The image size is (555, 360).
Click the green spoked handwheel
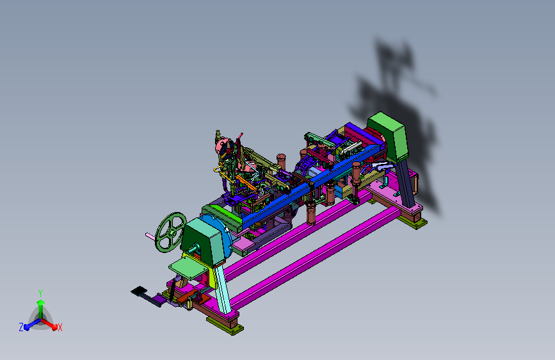(x=170, y=233)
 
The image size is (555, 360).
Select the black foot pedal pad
(x=139, y=291)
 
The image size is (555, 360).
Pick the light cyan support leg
(x=223, y=289)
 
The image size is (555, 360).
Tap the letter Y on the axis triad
(x=40, y=293)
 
